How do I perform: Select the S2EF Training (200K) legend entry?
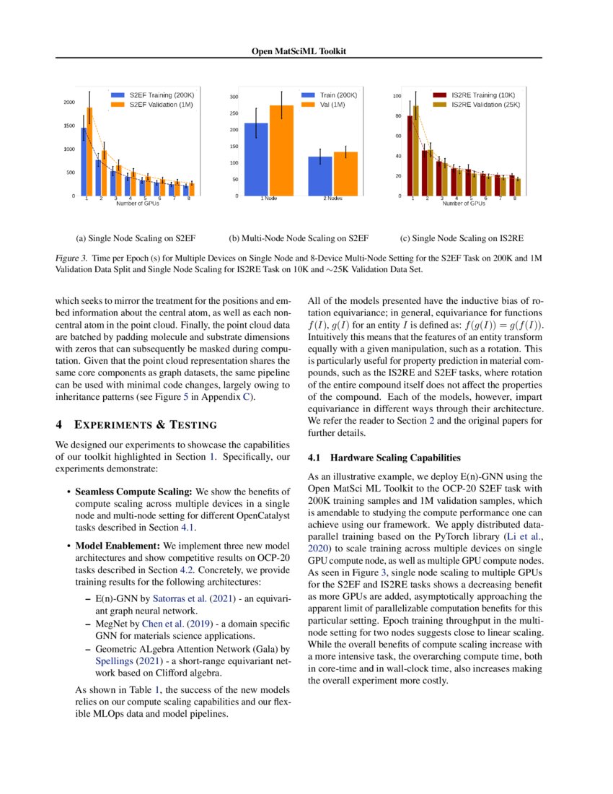coord(161,95)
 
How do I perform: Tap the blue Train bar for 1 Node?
coord(256,160)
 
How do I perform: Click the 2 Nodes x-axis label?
coord(332,198)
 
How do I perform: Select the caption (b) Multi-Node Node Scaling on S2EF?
coord(299,237)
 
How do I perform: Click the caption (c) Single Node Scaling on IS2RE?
coord(461,237)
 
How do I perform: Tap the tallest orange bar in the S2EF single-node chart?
coord(89,152)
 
